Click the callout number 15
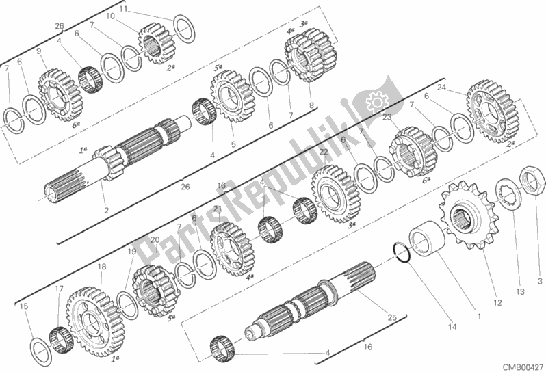[x=24, y=306]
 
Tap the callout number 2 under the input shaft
[x=107, y=210]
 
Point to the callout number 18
[x=101, y=267]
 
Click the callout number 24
[x=442, y=88]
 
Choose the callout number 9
[x=38, y=51]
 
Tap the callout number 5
[x=233, y=144]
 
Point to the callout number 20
[x=155, y=240]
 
